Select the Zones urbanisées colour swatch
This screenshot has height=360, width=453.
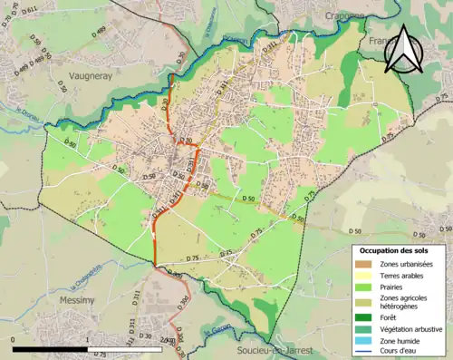click(364, 263)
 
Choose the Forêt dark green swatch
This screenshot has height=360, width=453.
click(364, 317)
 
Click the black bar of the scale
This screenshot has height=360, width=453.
click(50, 349)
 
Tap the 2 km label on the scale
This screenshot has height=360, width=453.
click(166, 342)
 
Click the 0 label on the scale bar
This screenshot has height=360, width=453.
click(14, 342)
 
